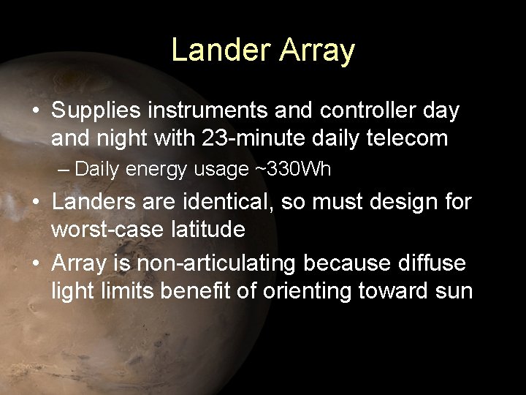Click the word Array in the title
(x=316, y=50)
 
